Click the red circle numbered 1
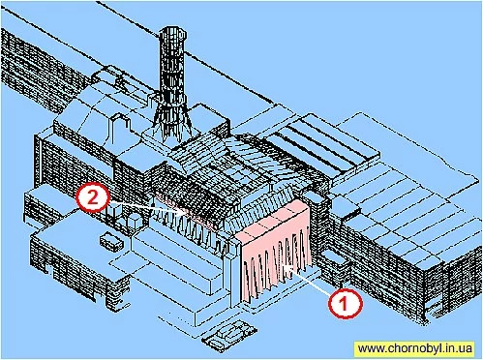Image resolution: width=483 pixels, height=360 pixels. (346, 303)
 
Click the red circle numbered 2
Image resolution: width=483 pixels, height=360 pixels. (93, 197)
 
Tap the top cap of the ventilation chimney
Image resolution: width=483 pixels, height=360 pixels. (172, 32)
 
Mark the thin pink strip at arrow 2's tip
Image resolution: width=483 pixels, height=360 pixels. (184, 211)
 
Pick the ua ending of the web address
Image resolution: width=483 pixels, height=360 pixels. (467, 349)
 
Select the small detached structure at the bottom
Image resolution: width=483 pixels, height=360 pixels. (228, 336)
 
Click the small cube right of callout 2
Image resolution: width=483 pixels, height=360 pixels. (135, 221)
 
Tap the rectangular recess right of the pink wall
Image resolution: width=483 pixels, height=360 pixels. (335, 257)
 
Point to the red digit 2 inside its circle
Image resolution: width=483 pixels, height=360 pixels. (93, 197)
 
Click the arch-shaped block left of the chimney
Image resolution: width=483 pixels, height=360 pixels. (118, 129)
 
